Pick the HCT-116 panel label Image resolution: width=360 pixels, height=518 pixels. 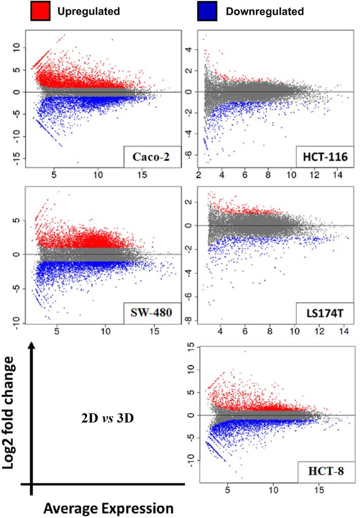(x=322, y=158)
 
